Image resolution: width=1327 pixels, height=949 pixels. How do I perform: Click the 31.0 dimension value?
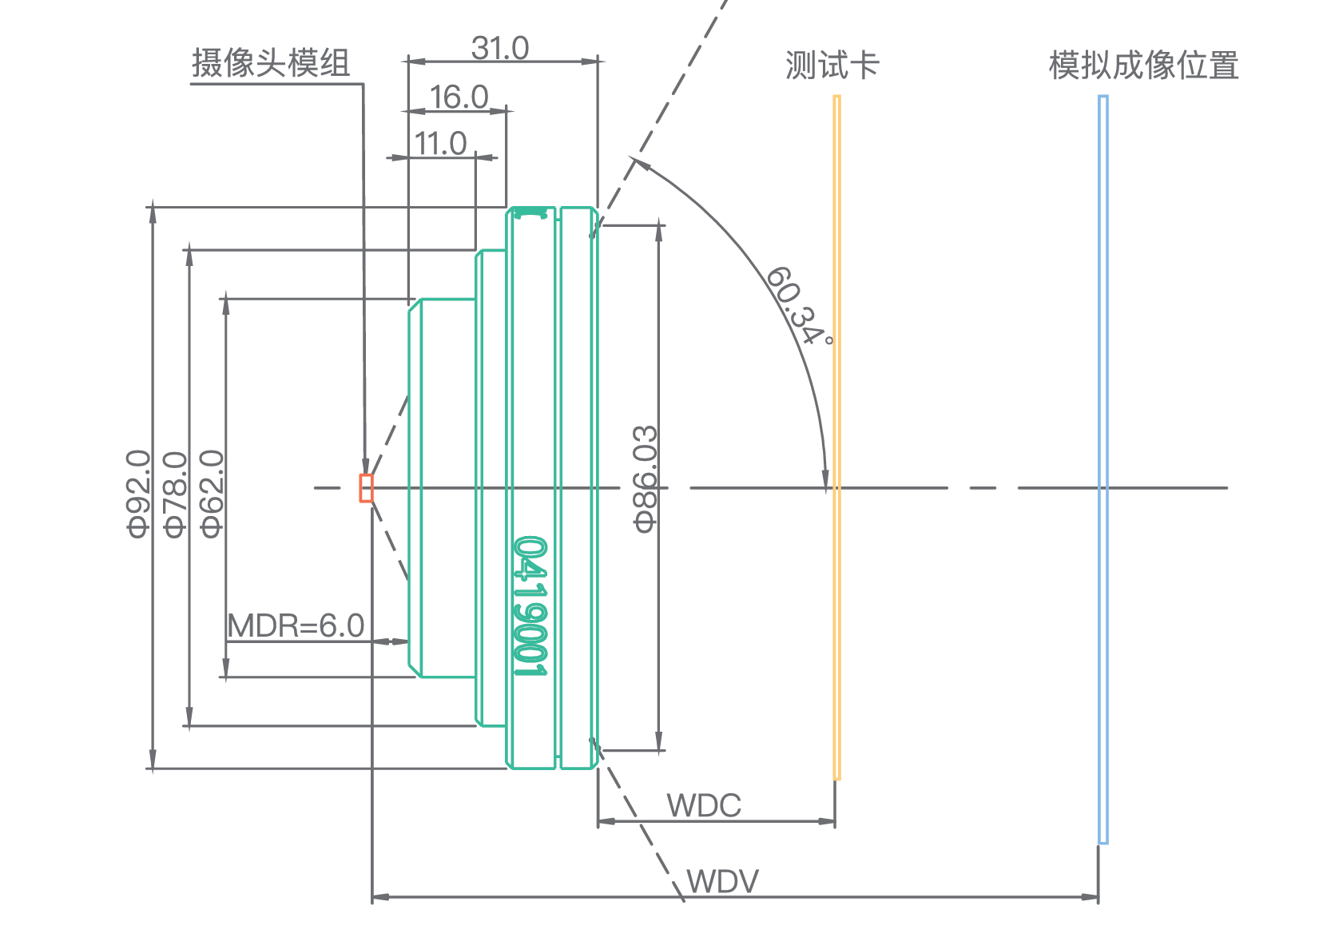(499, 49)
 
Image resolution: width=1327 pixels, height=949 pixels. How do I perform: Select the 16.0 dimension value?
(459, 97)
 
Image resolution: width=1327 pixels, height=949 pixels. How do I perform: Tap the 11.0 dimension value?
(440, 144)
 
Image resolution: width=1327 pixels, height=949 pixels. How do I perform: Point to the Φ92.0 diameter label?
(138, 493)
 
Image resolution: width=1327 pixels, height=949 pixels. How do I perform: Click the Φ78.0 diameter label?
(175, 493)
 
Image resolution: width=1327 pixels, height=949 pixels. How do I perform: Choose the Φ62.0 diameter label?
(212, 493)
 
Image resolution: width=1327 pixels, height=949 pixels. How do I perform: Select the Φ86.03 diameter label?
(646, 478)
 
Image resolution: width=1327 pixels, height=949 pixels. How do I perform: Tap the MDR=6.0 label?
(296, 626)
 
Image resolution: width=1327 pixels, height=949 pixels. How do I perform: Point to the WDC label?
(704, 805)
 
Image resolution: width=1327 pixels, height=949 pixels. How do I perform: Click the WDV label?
(722, 882)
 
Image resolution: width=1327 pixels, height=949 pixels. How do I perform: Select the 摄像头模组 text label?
(271, 63)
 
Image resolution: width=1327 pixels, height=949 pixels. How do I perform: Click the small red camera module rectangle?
(366, 488)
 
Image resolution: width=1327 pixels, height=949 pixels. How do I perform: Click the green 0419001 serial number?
(530, 607)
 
